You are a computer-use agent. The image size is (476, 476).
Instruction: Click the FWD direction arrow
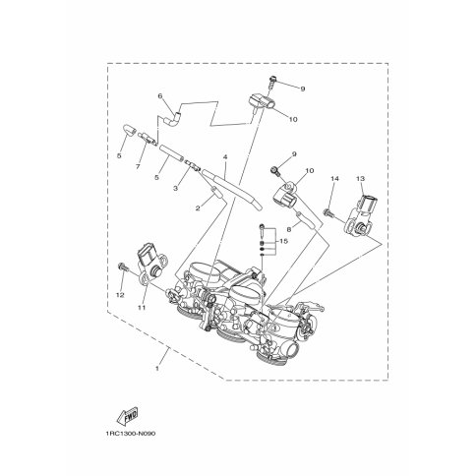tap(127, 416)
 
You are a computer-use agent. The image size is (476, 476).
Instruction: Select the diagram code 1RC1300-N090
tap(131, 434)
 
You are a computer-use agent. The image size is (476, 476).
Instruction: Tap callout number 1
tap(157, 368)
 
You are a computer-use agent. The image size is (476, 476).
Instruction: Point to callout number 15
tap(283, 241)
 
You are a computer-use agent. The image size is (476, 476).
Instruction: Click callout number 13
tap(360, 179)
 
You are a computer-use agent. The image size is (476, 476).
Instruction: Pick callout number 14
tap(334, 179)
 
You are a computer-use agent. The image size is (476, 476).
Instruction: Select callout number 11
tap(142, 308)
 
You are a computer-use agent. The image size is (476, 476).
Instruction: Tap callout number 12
tap(120, 295)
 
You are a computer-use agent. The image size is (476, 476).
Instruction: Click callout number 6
tap(160, 96)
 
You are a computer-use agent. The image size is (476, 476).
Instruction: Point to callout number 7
tap(138, 166)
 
